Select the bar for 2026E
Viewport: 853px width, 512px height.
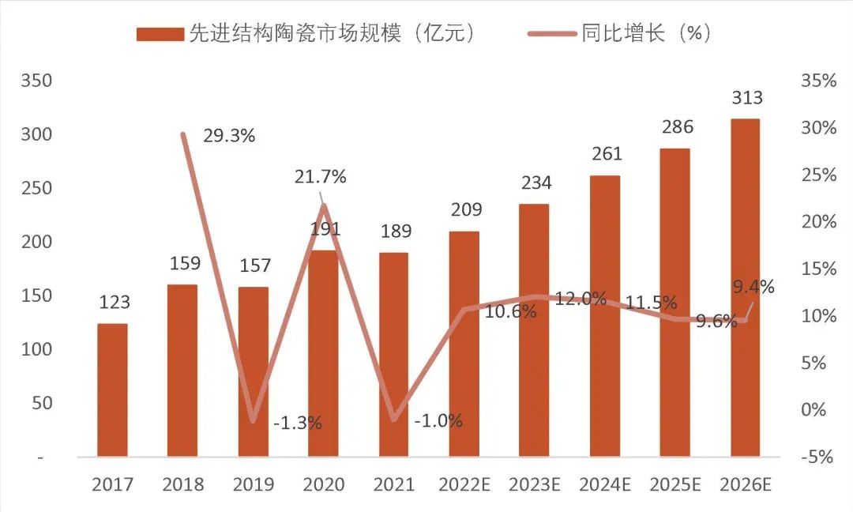(x=745, y=288)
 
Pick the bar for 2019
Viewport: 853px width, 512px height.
(x=253, y=371)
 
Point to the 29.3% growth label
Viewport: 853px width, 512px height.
(x=229, y=136)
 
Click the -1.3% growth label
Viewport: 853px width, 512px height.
(x=297, y=423)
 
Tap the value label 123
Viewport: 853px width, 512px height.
(x=114, y=303)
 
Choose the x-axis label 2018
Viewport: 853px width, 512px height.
(x=182, y=484)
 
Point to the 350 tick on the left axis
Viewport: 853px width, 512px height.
(x=36, y=81)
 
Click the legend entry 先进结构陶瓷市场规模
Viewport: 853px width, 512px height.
(x=308, y=33)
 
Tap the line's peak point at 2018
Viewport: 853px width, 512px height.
(x=183, y=134)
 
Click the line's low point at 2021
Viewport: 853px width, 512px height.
(x=394, y=420)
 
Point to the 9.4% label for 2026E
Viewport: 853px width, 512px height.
(x=753, y=286)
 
